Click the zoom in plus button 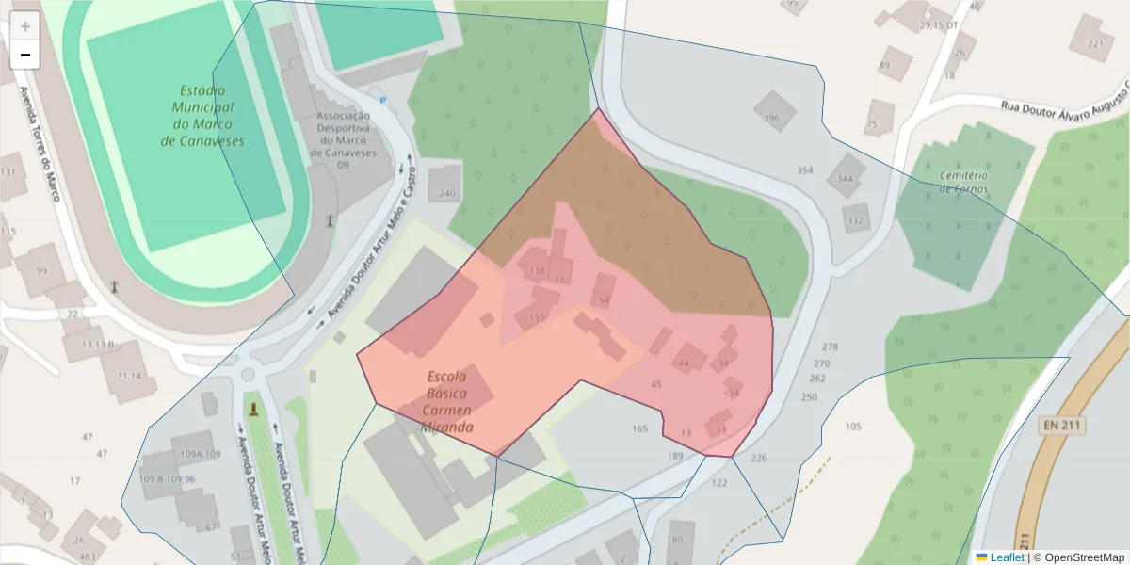(25, 26)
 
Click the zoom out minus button (25, 55)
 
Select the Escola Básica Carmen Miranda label (448, 401)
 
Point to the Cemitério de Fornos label (963, 182)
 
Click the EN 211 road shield (1062, 426)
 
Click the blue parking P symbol (382, 101)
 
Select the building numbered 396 (773, 112)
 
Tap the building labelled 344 (846, 176)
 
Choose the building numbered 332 (855, 218)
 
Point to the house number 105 (852, 427)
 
